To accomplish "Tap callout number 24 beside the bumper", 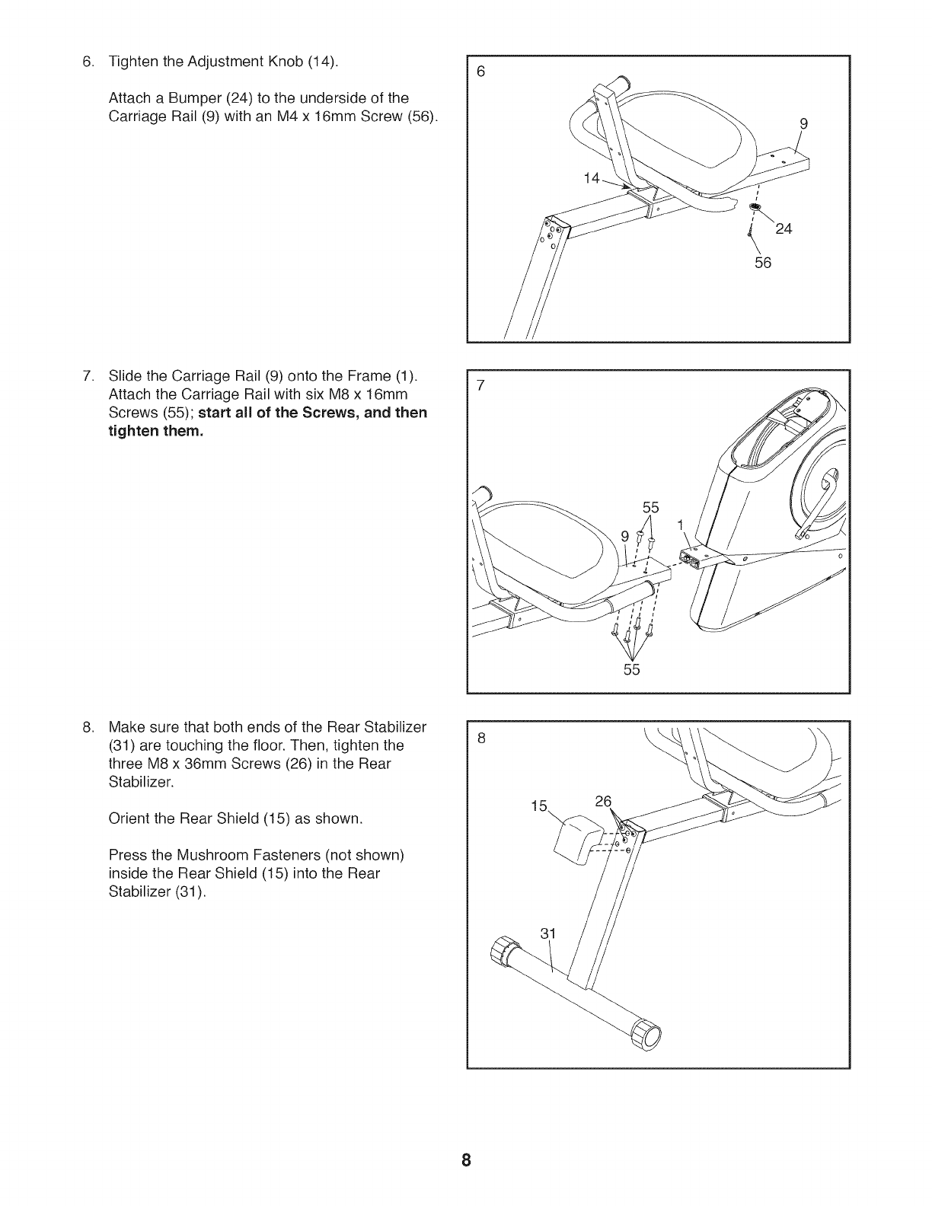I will click(784, 229).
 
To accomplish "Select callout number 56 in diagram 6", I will click(763, 263).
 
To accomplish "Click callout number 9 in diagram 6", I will click(803, 123).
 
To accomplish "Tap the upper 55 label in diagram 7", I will click(651, 508).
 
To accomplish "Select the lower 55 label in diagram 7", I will click(632, 669).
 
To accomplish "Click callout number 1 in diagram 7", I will click(680, 525).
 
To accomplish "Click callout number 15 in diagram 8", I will click(539, 806).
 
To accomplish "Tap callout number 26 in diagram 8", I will click(603, 801).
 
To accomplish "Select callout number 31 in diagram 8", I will click(549, 934).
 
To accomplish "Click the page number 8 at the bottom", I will click(466, 1160).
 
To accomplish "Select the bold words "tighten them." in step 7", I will click(157, 432).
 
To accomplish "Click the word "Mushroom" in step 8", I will click(199, 855).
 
